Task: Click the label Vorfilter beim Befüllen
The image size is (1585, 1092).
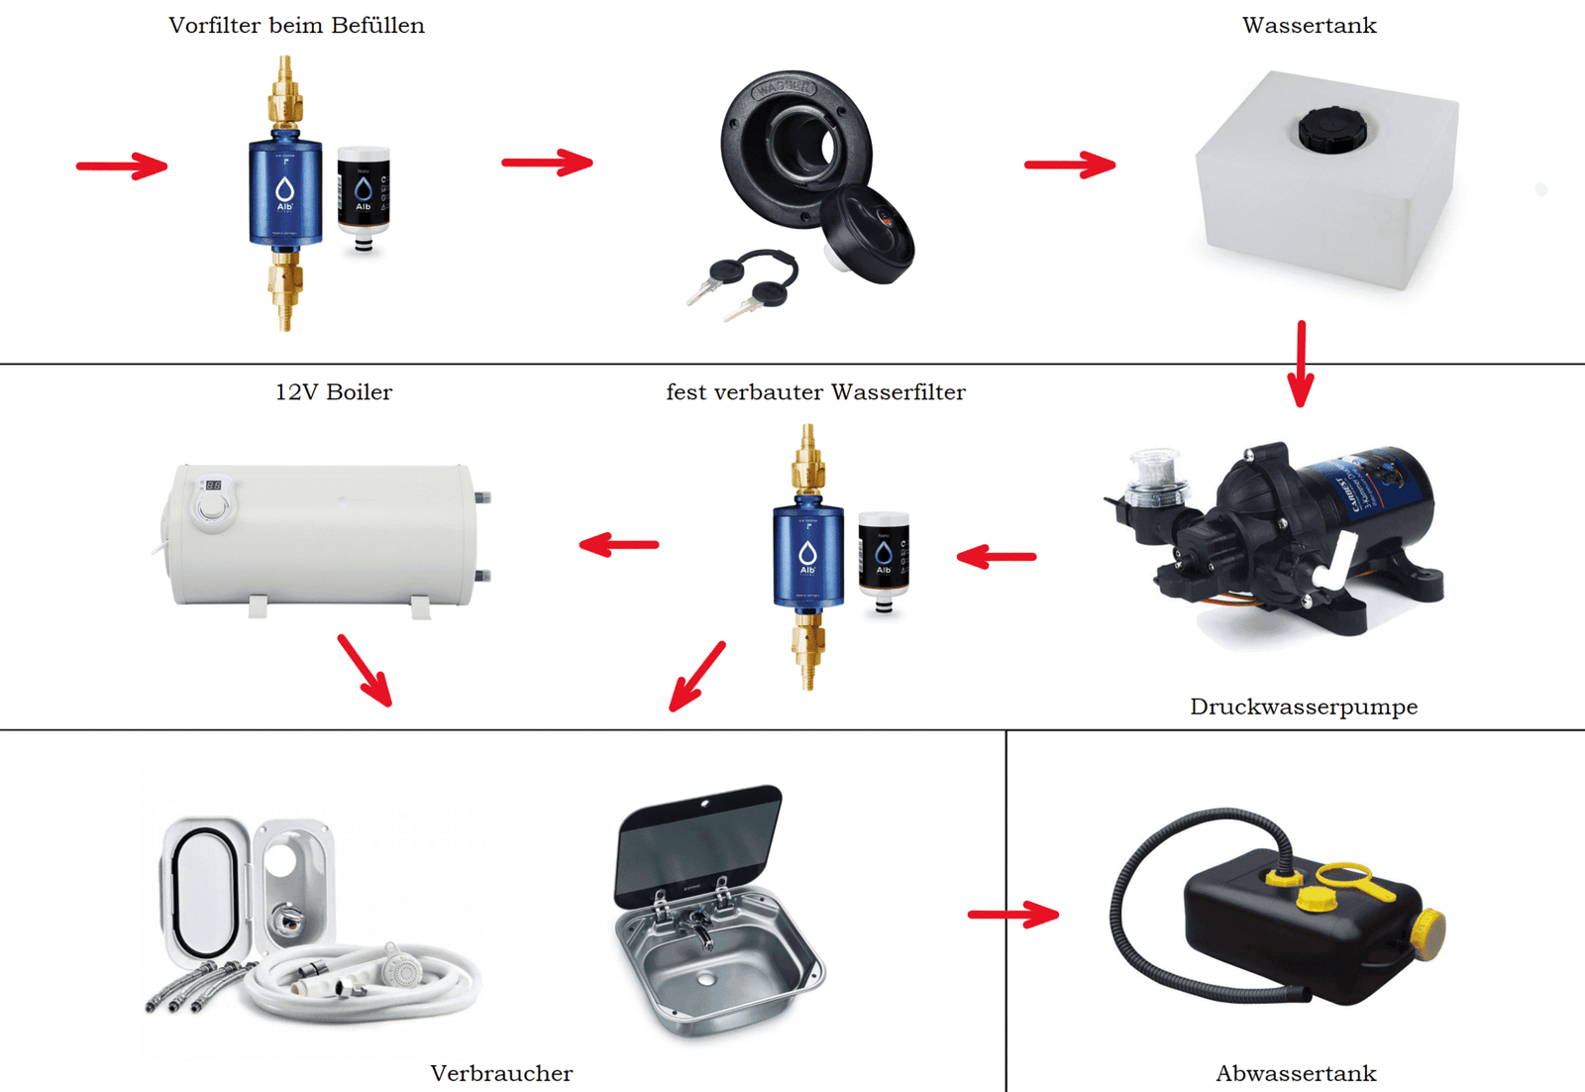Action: [296, 26]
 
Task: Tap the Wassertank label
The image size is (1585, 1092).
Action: [1309, 26]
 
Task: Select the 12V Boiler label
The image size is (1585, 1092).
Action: [333, 392]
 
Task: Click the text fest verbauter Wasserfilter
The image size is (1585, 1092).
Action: [815, 392]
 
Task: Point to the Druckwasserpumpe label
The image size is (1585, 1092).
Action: [1303, 707]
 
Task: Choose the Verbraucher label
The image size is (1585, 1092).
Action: [501, 1073]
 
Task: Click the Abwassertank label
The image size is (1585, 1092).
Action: [1296, 1073]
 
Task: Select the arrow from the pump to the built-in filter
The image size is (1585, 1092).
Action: [997, 557]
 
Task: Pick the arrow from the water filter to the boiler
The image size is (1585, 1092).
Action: [619, 544]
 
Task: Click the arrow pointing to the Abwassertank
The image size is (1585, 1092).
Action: [1012, 914]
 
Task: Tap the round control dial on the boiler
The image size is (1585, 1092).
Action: [213, 508]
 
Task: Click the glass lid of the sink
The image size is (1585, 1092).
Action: [698, 842]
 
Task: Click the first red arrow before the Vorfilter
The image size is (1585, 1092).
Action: [122, 165]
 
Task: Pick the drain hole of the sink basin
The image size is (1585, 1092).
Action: [705, 979]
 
